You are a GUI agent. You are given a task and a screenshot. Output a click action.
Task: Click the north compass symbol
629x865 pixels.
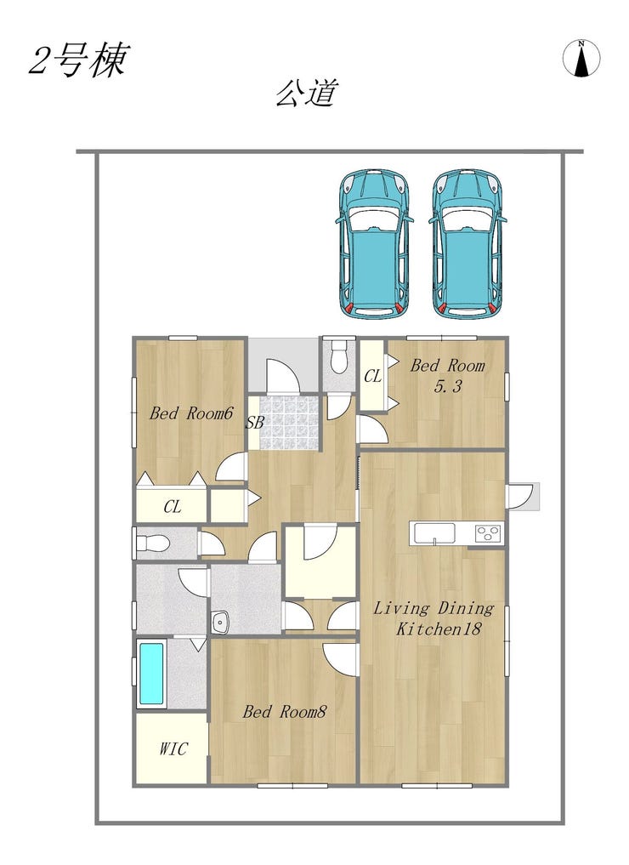pyautogui.click(x=581, y=58)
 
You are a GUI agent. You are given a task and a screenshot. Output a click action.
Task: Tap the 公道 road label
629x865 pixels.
pyautogui.click(x=306, y=94)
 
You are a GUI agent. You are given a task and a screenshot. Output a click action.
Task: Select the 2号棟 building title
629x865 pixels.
pyautogui.click(x=79, y=60)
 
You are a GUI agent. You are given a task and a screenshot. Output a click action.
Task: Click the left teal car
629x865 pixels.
pyautogui.click(x=374, y=243)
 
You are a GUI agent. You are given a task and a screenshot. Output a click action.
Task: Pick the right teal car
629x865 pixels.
pyautogui.click(x=468, y=243)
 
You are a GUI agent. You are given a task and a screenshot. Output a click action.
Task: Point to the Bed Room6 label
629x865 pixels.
pyautogui.click(x=191, y=413)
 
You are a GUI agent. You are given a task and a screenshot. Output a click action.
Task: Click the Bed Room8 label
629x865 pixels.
pyautogui.click(x=285, y=711)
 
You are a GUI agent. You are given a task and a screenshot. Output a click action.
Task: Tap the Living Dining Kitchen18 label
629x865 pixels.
pyautogui.click(x=433, y=617)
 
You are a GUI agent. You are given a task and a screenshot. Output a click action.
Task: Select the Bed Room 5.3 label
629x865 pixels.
pyautogui.click(x=448, y=375)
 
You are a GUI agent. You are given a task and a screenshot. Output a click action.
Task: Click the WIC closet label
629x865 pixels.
pyautogui.click(x=173, y=748)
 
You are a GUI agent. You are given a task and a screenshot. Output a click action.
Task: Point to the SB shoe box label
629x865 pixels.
pyautogui.click(x=255, y=423)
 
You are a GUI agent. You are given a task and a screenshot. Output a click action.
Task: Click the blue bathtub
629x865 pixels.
pyautogui.click(x=150, y=674)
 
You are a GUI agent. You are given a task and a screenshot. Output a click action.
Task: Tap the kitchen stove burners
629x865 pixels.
pyautogui.click(x=489, y=533)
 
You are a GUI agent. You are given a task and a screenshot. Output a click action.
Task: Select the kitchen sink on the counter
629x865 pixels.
pyautogui.click(x=434, y=533)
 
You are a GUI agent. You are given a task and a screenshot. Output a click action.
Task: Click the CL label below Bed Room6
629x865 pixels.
pyautogui.click(x=172, y=506)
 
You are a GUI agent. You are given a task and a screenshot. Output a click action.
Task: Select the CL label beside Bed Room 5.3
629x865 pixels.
pyautogui.click(x=372, y=376)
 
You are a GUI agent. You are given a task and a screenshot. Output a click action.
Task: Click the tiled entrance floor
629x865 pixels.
pyautogui.click(x=289, y=423)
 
